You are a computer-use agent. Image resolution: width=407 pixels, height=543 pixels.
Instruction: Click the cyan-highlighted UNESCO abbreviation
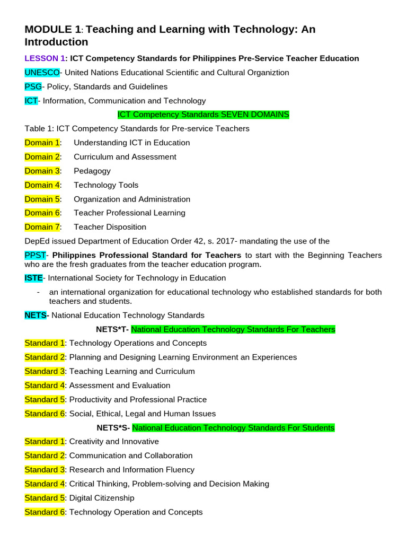pos(42,73)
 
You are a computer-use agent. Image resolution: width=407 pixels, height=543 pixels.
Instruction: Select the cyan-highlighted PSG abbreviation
pos(33,87)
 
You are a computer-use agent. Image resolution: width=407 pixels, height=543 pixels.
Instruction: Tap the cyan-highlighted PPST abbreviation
pos(36,256)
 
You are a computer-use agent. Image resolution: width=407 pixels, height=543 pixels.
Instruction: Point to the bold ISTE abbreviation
pos(33,278)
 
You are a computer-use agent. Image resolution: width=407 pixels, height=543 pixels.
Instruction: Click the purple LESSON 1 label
pos(45,59)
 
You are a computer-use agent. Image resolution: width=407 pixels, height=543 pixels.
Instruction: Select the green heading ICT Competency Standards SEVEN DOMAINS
pos(203,115)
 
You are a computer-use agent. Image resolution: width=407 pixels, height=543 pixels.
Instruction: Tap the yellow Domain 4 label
pos(42,185)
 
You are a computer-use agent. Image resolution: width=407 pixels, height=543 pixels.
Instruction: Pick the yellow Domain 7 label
pos(42,227)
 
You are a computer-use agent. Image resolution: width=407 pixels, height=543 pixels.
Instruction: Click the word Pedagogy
pos(92,171)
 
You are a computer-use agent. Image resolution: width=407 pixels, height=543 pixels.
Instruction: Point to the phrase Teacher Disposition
pos(110,227)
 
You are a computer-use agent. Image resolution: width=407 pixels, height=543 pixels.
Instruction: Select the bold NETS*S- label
pos(112,428)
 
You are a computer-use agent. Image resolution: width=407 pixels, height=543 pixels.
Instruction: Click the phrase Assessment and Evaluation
pos(120,386)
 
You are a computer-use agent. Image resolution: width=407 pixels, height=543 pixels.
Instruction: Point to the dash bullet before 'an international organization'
pos(39,292)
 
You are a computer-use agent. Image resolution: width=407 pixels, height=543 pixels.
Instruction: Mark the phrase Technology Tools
pos(106,185)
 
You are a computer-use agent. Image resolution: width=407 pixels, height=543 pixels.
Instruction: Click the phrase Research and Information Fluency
pos(132,470)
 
